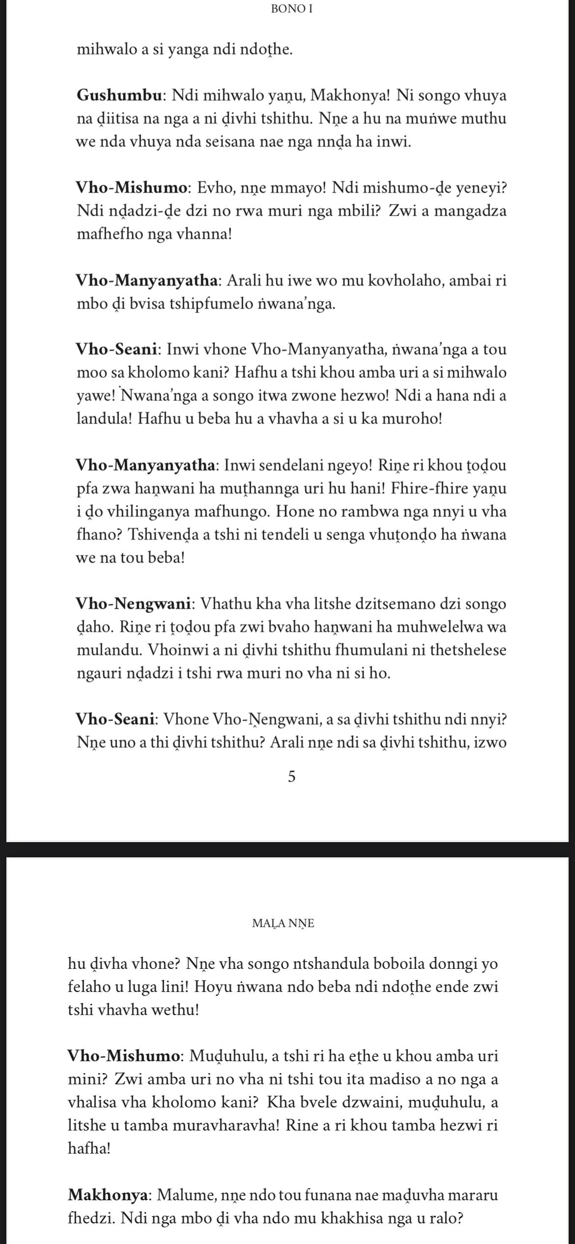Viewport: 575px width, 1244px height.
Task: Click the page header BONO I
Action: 291,9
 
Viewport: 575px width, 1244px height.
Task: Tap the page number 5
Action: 291,777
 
